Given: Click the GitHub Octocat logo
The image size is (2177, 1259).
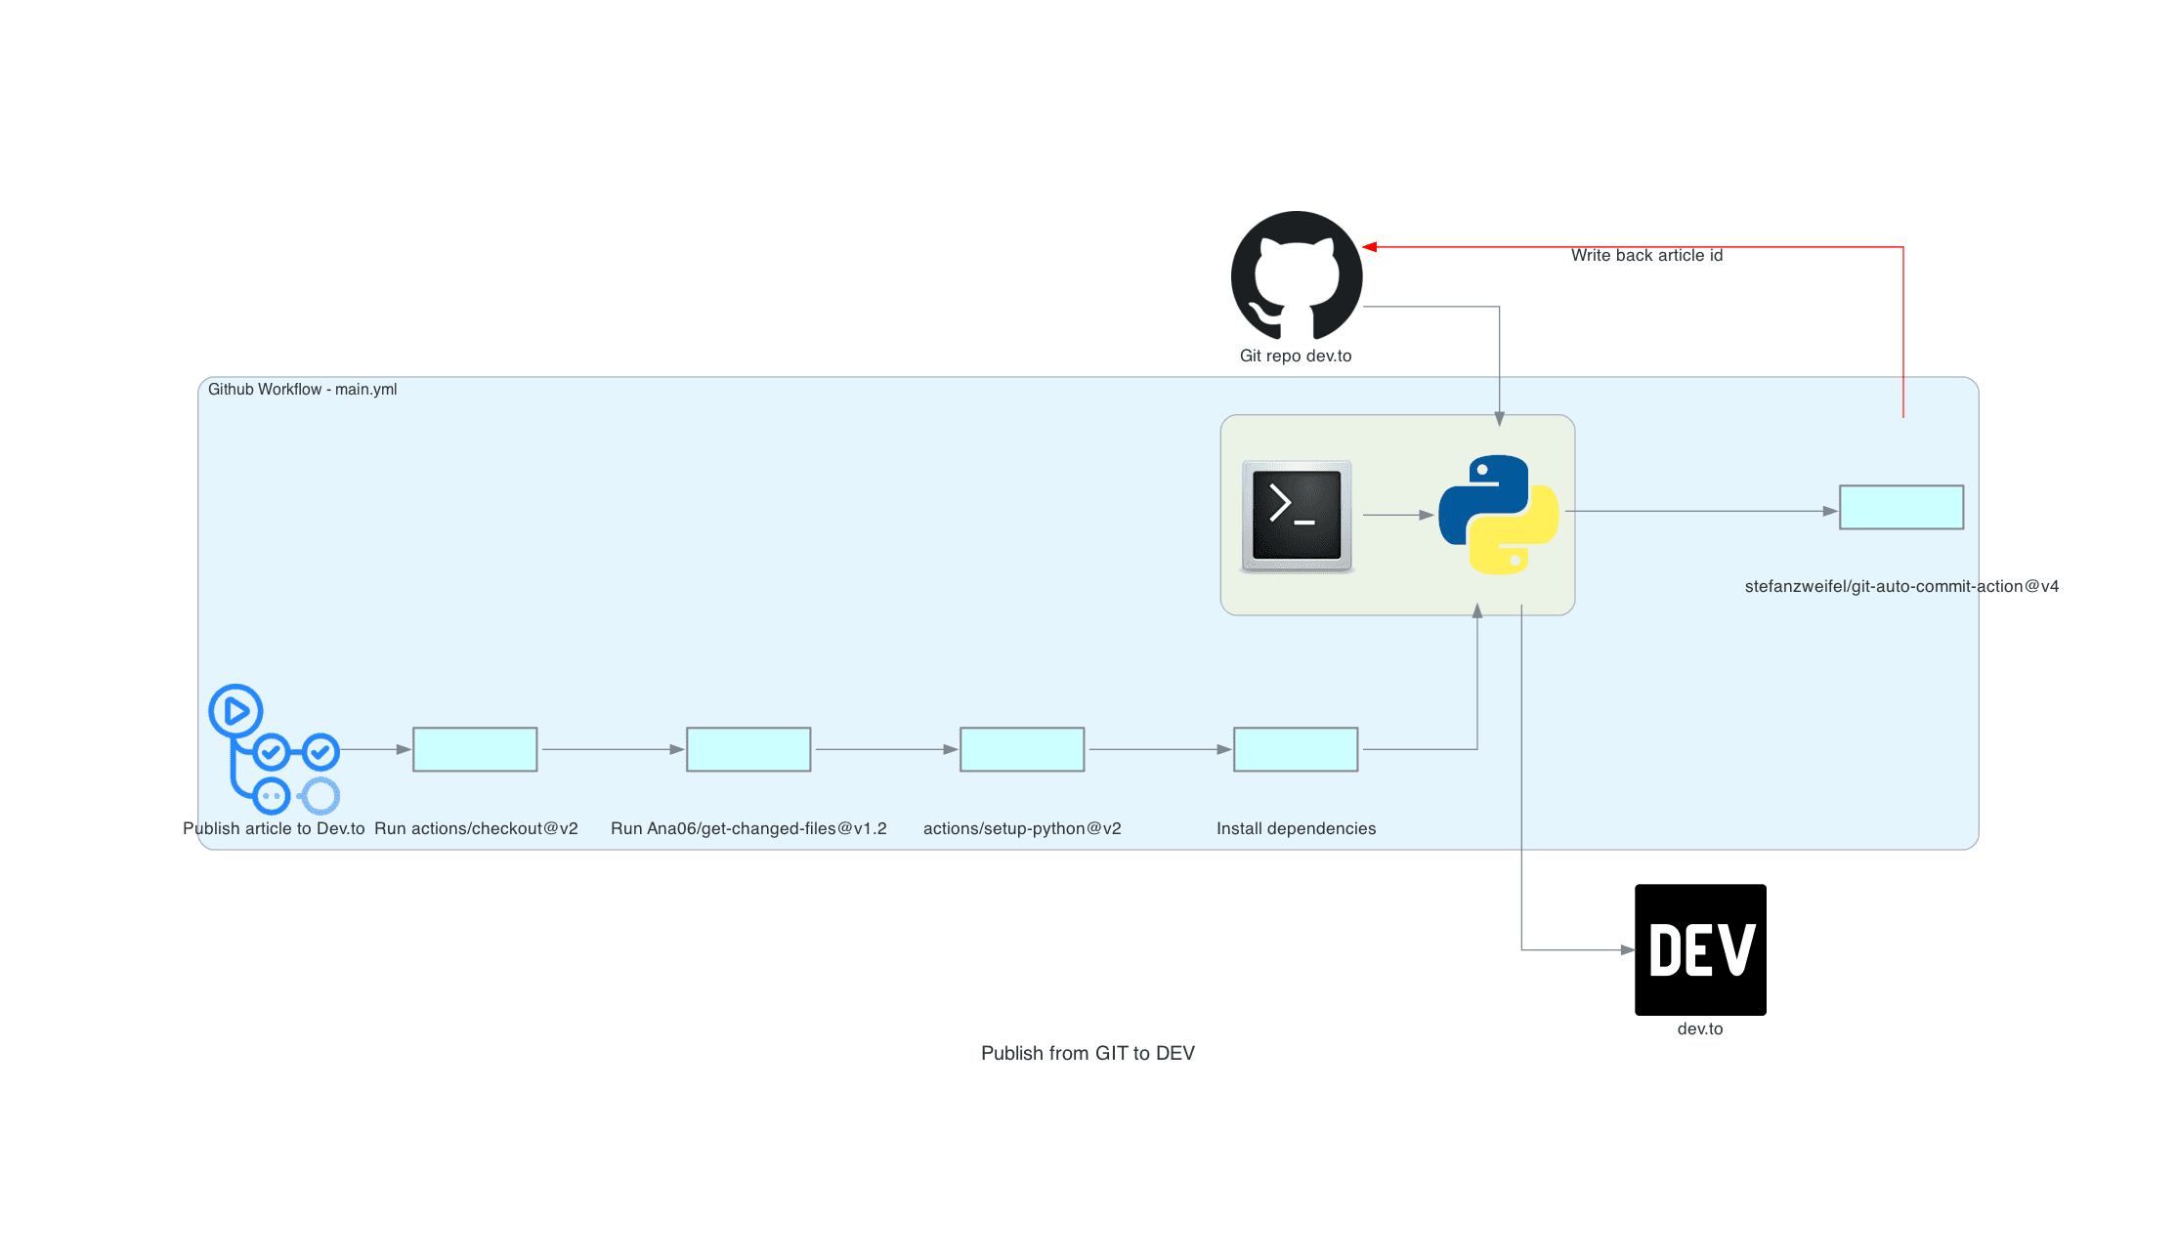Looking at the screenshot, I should pyautogui.click(x=1296, y=275).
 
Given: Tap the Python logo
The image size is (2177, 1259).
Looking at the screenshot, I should pyautogui.click(x=1498, y=515).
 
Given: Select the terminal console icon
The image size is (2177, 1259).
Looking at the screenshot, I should pyautogui.click(x=1297, y=516).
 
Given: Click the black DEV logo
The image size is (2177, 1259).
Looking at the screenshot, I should pyautogui.click(x=1700, y=949).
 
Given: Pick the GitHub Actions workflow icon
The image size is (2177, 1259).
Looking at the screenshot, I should pyautogui.click(x=273, y=749).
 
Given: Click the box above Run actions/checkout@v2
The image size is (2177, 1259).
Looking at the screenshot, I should pyautogui.click(x=475, y=749).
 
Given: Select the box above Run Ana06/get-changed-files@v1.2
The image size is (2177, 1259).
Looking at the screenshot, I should pyautogui.click(x=748, y=749).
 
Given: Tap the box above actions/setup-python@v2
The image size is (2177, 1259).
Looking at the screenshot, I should pyautogui.click(x=1022, y=749).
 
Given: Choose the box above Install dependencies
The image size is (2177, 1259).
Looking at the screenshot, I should pyautogui.click(x=1296, y=749).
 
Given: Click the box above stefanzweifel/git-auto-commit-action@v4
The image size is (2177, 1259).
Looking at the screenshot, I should pyautogui.click(x=1901, y=507).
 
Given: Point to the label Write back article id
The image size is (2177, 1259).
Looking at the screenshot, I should pyautogui.click(x=1646, y=255).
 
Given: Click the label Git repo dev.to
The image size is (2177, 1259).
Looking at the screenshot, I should pyautogui.click(x=1296, y=356).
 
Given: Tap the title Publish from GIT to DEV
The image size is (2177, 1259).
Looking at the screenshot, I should pyautogui.click(x=1088, y=1053).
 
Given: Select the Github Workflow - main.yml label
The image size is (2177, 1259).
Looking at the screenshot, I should pyautogui.click(x=302, y=389).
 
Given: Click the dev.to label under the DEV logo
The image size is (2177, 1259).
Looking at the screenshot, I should pyautogui.click(x=1700, y=1028).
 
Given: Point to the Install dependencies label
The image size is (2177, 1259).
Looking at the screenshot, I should pyautogui.click(x=1296, y=828).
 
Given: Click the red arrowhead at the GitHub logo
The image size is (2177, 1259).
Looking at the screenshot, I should pyautogui.click(x=1370, y=247).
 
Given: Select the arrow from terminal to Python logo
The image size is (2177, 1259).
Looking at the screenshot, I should pyautogui.click(x=1397, y=515).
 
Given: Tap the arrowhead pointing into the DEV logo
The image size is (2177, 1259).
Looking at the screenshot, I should pyautogui.click(x=1627, y=949).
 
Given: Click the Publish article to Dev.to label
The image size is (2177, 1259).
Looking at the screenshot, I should pyautogui.click(x=274, y=828).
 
